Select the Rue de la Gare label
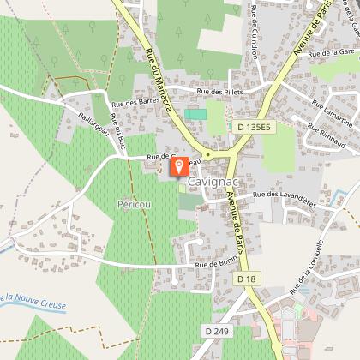[x=331, y=53]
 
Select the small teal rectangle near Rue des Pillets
[x=196, y=114]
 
